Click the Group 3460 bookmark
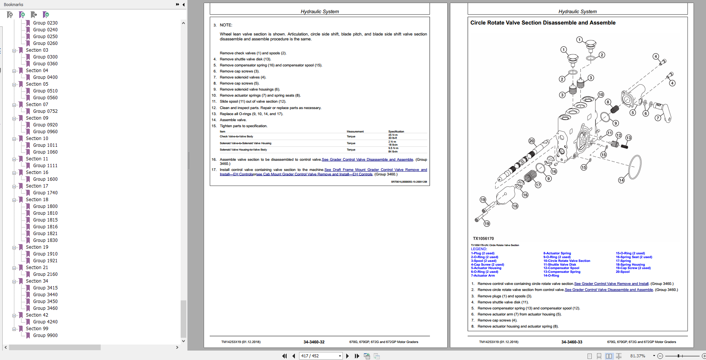pyautogui.click(x=45, y=308)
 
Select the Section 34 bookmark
pyautogui.click(x=37, y=281)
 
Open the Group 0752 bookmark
pyautogui.click(x=45, y=111)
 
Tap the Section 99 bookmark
pyautogui.click(x=37, y=329)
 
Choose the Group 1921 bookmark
pyautogui.click(x=45, y=261)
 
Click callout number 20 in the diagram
pyautogui.click(x=532, y=141)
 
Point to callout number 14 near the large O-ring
pyautogui.click(x=621, y=180)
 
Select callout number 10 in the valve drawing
pyautogui.click(x=601, y=94)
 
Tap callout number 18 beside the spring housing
pyautogui.click(x=515, y=206)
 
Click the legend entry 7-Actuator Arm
pyautogui.click(x=483, y=275)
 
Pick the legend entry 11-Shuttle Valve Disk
pyautogui.click(x=560, y=265)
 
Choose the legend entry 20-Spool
pyautogui.click(x=623, y=272)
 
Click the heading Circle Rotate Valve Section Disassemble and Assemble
pyautogui.click(x=543, y=23)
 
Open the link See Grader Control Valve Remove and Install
pyautogui.click(x=611, y=284)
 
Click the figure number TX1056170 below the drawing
pyautogui.click(x=483, y=238)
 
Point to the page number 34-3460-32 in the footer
pyautogui.click(x=314, y=342)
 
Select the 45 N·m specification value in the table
pyautogui.click(x=393, y=135)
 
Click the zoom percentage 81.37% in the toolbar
pyautogui.click(x=637, y=356)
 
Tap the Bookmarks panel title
pyautogui.click(x=14, y=5)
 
